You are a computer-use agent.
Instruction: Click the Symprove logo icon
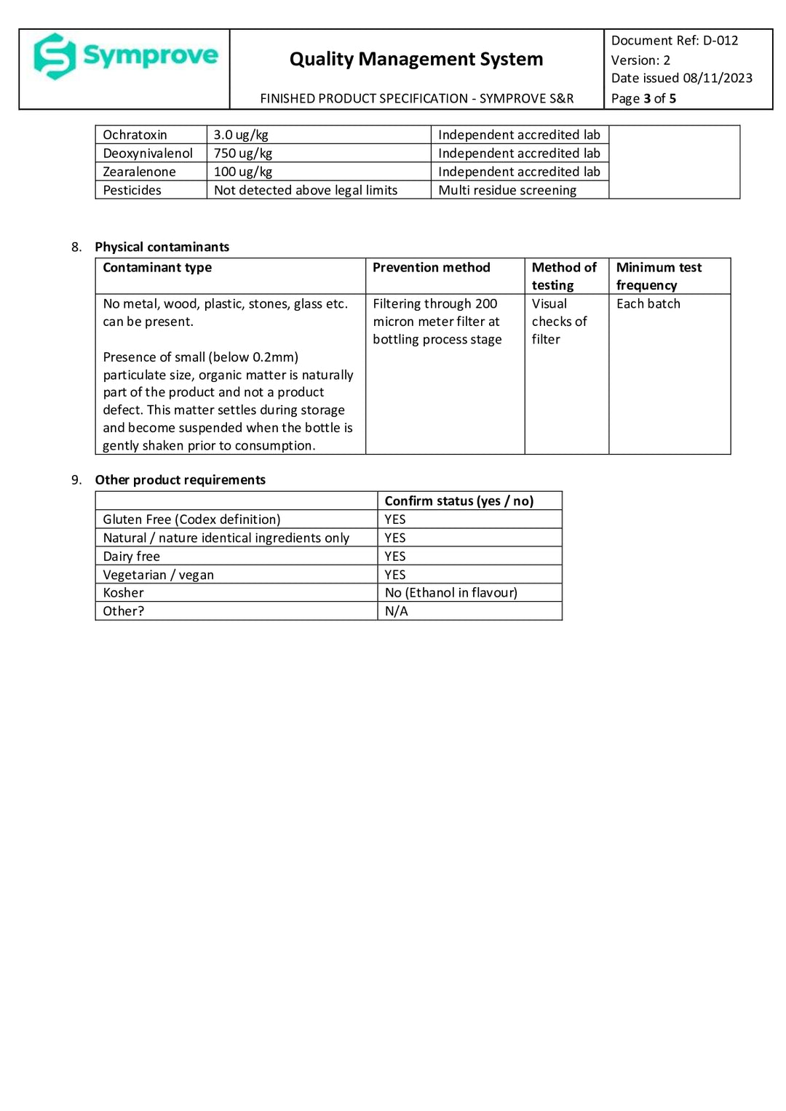click(x=55, y=56)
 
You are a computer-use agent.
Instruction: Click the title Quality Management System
click(x=416, y=59)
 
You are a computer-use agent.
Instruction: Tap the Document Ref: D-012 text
click(x=674, y=41)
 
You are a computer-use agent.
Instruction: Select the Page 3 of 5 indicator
click(x=643, y=98)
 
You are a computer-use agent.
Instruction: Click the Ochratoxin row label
click(x=135, y=135)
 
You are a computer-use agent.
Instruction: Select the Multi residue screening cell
click(x=507, y=190)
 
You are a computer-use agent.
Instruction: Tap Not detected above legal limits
click(x=306, y=190)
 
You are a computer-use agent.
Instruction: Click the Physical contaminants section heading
click(x=162, y=247)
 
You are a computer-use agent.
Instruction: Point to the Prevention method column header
click(x=431, y=268)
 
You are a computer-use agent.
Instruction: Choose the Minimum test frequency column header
click(x=659, y=276)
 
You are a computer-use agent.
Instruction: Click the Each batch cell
click(x=648, y=303)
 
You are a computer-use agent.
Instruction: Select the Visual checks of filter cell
click(x=558, y=321)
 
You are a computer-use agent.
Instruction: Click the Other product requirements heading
click(x=180, y=479)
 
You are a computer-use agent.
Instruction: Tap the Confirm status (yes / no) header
click(x=458, y=501)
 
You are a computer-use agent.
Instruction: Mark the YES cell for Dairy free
click(x=395, y=556)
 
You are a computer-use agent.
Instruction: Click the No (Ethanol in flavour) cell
click(x=450, y=592)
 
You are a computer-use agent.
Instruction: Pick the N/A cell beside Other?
click(x=396, y=611)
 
